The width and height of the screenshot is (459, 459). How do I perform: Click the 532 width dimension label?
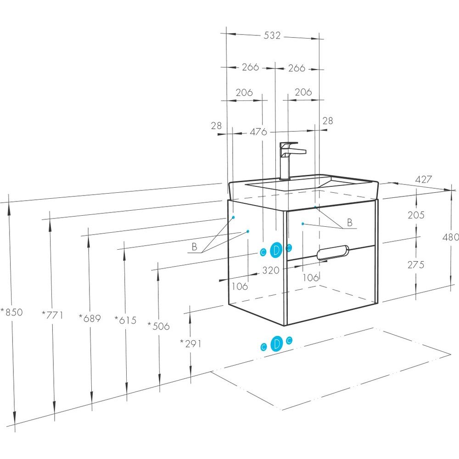pos(272,35)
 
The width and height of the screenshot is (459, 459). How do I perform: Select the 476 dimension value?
pos(258,132)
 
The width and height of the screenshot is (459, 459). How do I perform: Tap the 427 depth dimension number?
pos(423,179)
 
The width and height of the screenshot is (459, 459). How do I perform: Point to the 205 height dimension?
pos(416,215)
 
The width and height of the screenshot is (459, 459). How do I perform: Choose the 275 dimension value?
pos(415,265)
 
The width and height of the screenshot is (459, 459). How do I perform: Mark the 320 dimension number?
pos(271,270)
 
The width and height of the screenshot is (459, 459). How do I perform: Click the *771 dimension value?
pos(52,315)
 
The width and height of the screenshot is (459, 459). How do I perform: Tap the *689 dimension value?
pos(90,317)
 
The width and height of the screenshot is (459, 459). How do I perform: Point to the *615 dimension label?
pos(125,320)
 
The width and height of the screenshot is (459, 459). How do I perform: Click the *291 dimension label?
pos(190,343)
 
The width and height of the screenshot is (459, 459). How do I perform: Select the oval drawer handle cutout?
pos(333,252)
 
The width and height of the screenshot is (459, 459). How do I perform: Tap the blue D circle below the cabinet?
pos(276,343)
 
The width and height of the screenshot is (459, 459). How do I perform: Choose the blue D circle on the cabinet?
pos(276,250)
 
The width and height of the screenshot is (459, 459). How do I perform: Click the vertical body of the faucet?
pos(285,165)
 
